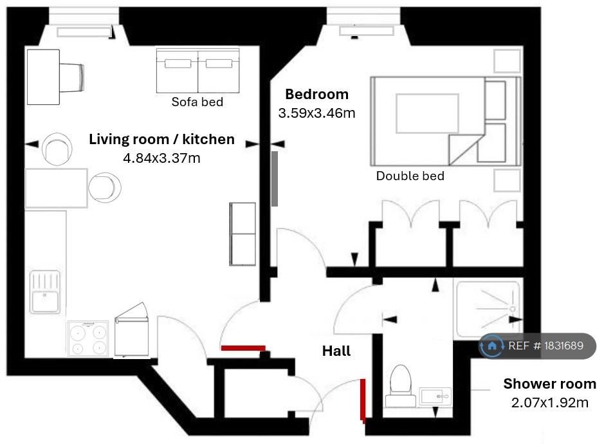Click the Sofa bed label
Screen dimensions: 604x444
(197, 102)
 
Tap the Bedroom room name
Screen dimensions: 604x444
(316, 94)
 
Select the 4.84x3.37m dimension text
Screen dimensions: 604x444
(162, 158)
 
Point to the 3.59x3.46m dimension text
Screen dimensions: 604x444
(316, 113)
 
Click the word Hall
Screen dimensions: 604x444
(336, 351)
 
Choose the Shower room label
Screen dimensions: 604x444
(550, 384)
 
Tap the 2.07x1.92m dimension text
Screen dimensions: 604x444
(550, 402)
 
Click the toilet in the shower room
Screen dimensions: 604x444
(401, 387)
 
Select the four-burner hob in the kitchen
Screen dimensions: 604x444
(88, 338)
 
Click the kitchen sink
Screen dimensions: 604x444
(45, 292)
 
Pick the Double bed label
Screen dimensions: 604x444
(410, 176)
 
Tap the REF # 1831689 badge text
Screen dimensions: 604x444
(546, 346)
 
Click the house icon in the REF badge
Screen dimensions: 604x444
(492, 346)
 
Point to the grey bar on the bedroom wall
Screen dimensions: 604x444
(274, 179)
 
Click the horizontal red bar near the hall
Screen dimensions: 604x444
(243, 348)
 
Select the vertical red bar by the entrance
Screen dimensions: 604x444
(363, 400)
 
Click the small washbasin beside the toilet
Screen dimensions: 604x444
(435, 396)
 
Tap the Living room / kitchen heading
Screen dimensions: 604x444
(162, 139)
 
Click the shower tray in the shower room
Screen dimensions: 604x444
(488, 310)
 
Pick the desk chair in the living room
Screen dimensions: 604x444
(71, 77)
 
